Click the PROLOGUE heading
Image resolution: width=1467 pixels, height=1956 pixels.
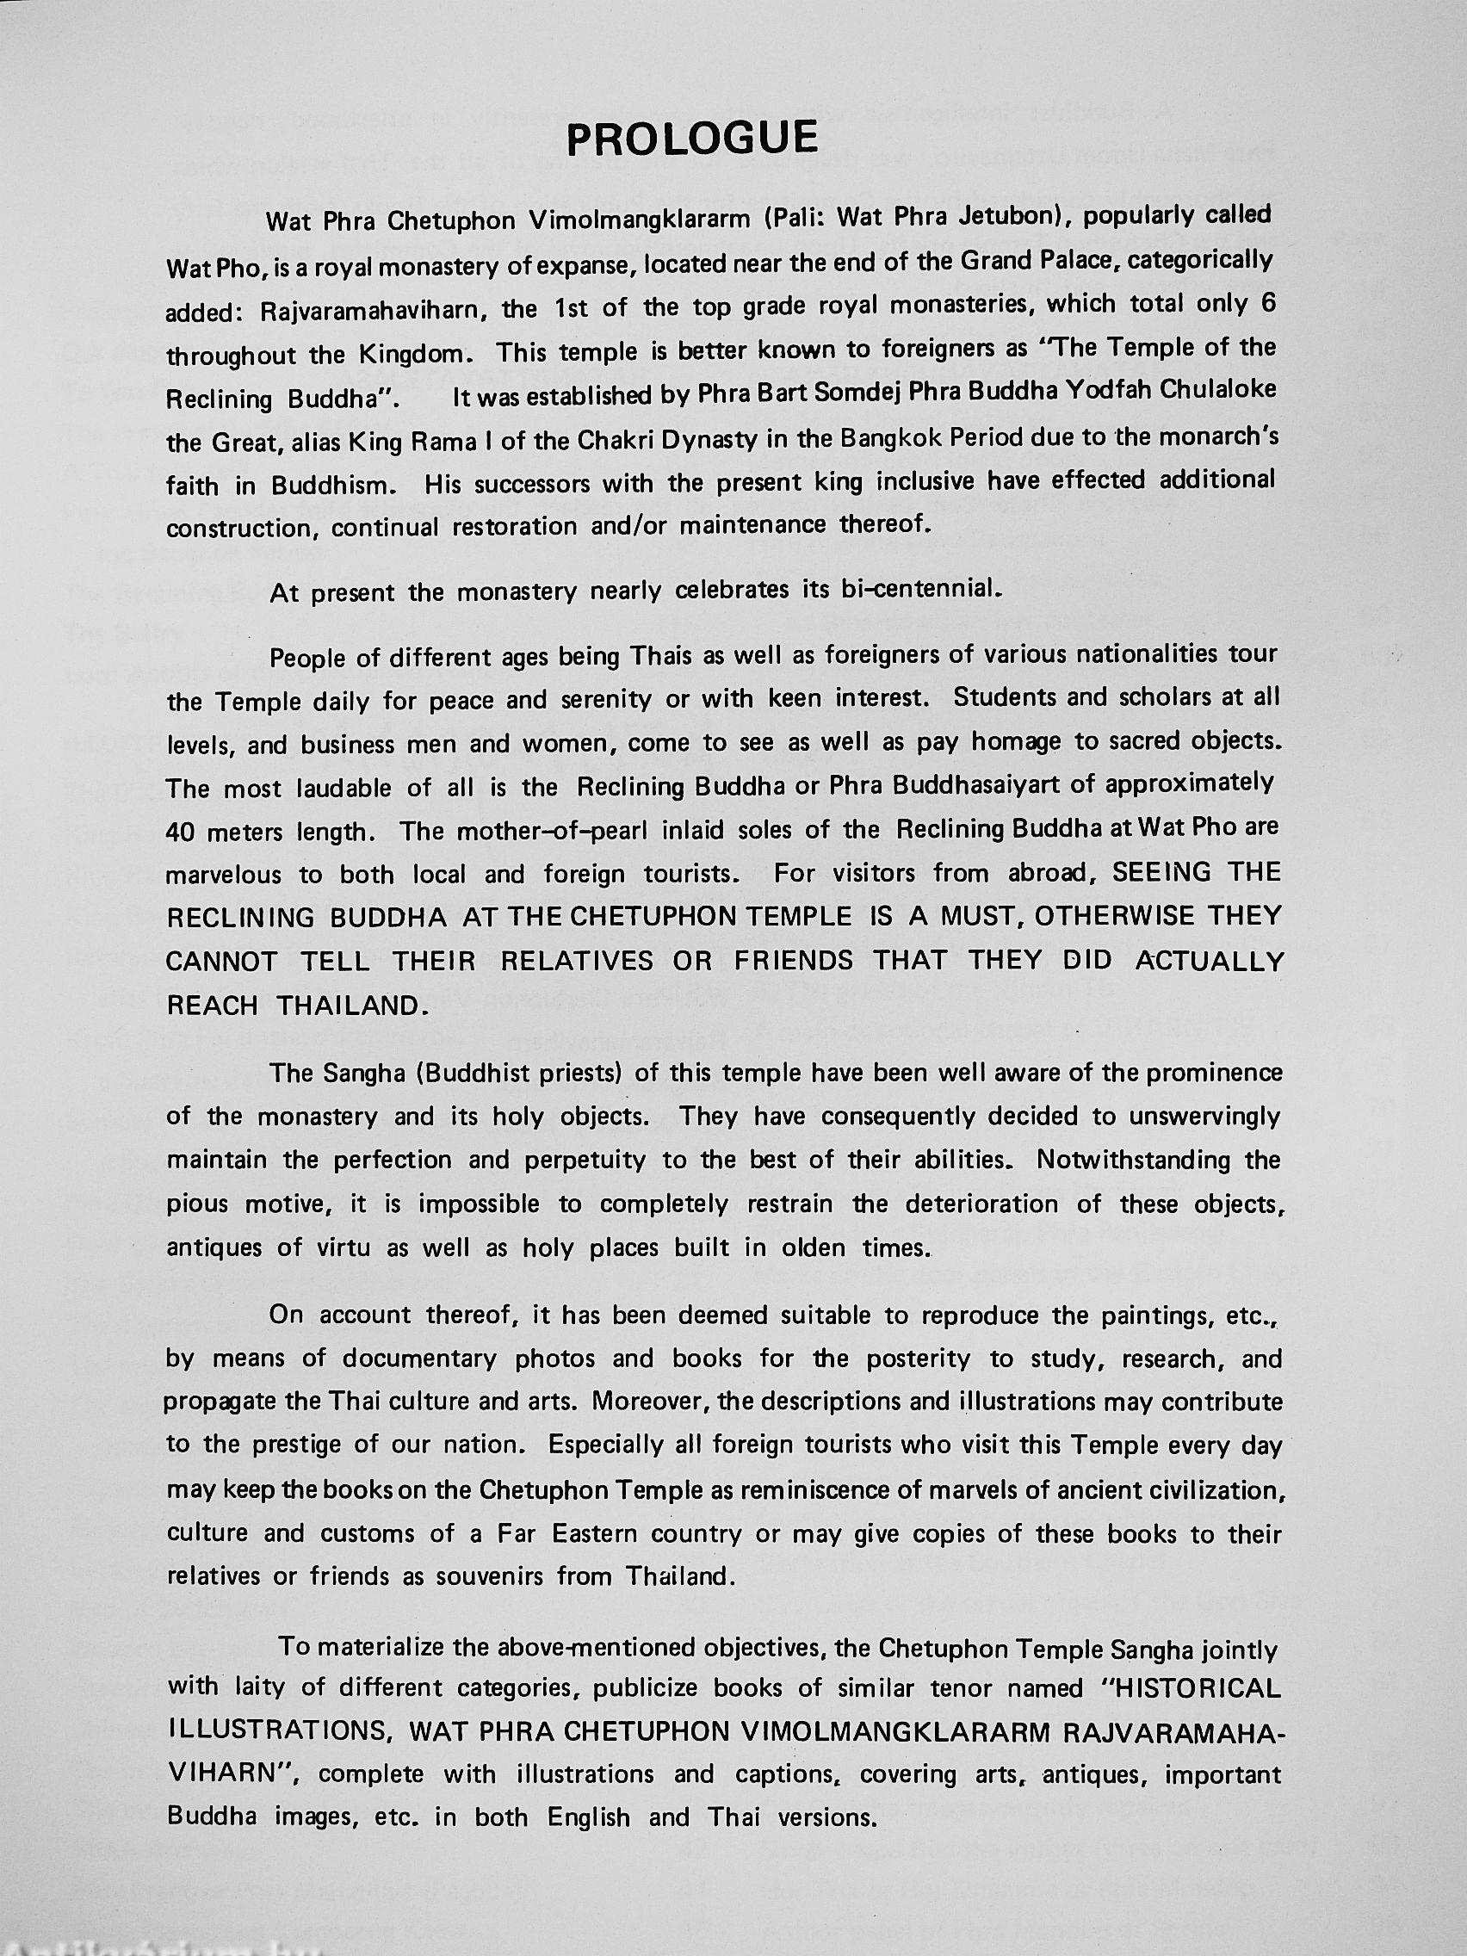[x=691, y=139]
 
